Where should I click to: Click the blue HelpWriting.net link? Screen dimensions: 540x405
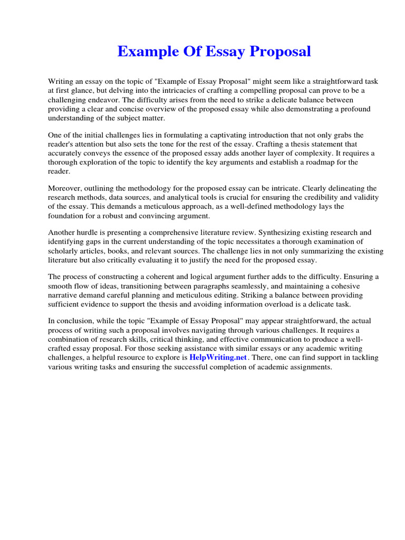218,358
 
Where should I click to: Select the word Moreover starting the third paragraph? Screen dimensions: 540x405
65,188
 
